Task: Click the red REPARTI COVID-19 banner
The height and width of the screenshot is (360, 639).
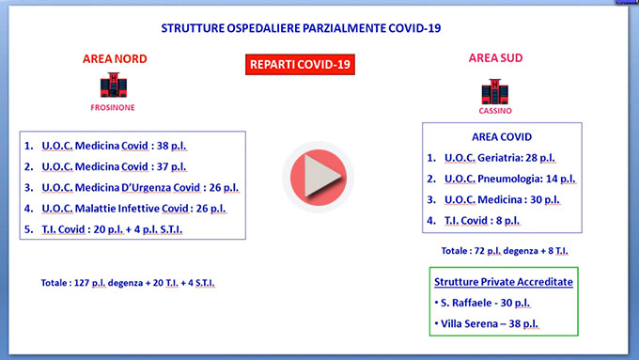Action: coord(300,65)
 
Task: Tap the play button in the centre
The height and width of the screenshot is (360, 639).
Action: coord(319,178)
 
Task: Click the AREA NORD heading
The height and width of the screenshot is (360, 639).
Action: coord(115,58)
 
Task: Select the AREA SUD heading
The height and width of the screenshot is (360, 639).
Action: coord(495,58)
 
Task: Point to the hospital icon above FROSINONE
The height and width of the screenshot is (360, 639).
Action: coord(114,86)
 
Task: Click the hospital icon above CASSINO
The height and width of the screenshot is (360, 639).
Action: coord(494,92)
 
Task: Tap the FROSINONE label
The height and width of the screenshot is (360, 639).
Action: coord(113,108)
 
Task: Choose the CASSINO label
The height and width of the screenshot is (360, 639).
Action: coord(495,111)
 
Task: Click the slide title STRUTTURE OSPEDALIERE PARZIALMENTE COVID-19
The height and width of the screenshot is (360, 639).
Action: coord(301,28)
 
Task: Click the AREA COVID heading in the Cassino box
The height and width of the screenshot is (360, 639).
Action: coord(502,137)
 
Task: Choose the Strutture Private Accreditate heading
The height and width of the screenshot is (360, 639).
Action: coord(504,282)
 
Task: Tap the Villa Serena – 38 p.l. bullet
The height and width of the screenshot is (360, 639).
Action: coord(487,323)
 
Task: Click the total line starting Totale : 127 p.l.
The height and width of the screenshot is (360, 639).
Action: coord(128,283)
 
